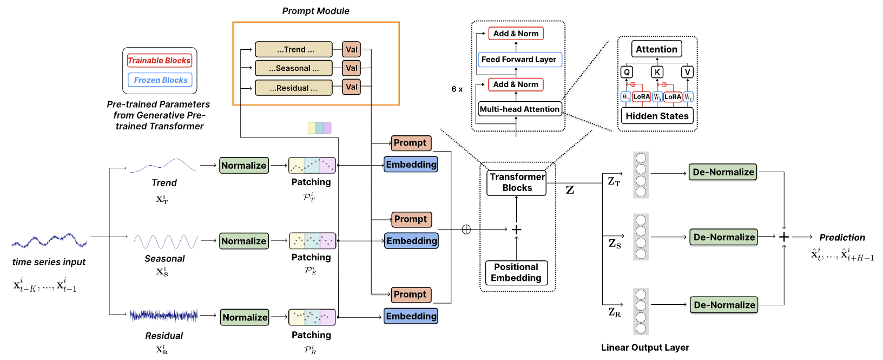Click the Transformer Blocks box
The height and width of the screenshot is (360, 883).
[517, 182]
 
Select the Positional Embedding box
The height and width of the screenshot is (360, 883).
[516, 272]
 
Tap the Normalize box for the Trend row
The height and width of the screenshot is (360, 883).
[243, 166]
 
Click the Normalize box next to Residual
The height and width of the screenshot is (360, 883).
[245, 317]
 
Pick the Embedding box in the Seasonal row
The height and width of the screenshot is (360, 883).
[411, 241]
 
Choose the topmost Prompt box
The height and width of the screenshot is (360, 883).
[411, 143]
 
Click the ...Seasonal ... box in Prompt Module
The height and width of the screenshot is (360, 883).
[294, 68]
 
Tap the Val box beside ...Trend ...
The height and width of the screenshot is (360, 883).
[351, 49]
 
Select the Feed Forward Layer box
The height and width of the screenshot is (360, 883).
[519, 60]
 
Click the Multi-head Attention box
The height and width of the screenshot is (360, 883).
[519, 109]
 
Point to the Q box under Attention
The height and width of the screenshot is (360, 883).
[627, 72]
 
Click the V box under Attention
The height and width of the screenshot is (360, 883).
[687, 72]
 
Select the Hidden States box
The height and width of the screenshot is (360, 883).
[657, 116]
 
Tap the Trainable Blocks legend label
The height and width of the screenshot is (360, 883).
[159, 61]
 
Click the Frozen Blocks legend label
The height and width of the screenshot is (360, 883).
[160, 80]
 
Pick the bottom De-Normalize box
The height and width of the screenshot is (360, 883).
[724, 305]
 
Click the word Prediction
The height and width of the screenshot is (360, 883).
[842, 237]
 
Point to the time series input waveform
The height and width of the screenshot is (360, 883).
[49, 240]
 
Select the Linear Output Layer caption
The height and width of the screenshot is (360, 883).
[645, 348]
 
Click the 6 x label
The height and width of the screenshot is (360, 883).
[457, 89]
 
